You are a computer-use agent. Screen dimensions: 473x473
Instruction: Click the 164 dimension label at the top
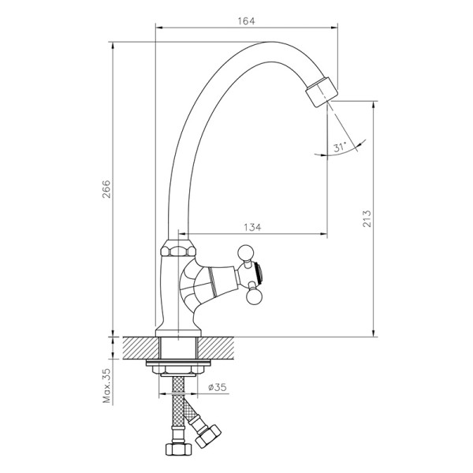click(x=246, y=20)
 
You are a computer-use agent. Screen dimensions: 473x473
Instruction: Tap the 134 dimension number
click(x=252, y=226)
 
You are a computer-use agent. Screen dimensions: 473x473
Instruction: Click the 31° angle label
click(x=340, y=147)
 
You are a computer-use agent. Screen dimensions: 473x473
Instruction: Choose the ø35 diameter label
click(x=218, y=387)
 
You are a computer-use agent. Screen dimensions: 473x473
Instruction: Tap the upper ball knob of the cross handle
click(x=246, y=253)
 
